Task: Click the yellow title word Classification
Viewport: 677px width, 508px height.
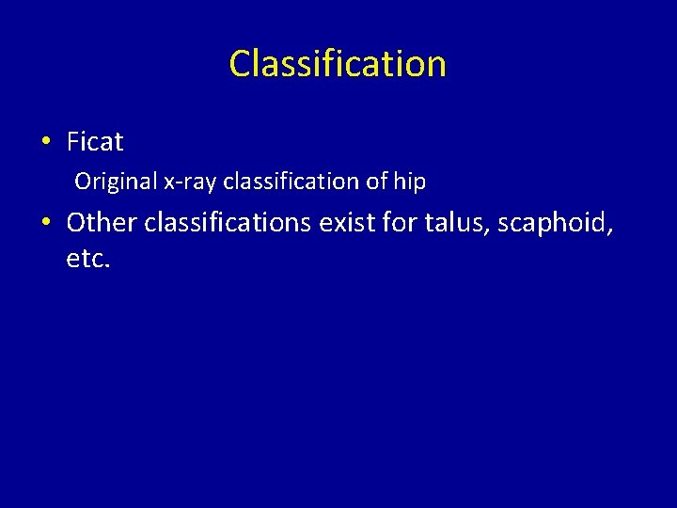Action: point(338,64)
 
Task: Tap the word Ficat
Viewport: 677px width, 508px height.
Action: point(95,142)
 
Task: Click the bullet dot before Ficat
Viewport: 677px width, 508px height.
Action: point(45,143)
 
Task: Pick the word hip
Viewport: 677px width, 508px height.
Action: point(409,182)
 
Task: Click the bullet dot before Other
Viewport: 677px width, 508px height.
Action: point(45,223)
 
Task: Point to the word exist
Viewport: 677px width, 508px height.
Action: point(351,222)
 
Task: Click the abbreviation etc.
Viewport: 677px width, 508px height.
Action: point(88,258)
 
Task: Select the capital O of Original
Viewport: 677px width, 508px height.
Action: point(83,181)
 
